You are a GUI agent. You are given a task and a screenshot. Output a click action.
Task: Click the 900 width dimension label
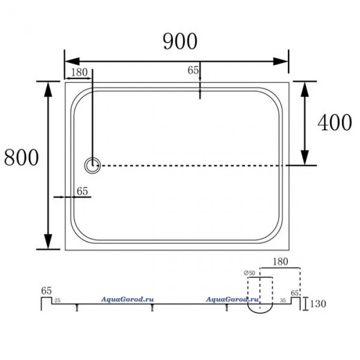(180, 41)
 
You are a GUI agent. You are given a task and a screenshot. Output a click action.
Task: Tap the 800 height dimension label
(22, 157)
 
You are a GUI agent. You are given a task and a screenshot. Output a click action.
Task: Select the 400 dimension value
(335, 122)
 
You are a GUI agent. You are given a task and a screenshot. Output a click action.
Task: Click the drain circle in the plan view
(92, 166)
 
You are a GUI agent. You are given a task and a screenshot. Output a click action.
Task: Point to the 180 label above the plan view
(79, 73)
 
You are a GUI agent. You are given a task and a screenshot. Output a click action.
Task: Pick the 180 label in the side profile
(280, 261)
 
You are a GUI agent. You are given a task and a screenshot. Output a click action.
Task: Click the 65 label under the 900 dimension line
(193, 70)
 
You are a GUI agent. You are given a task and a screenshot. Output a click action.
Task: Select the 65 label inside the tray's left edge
(82, 191)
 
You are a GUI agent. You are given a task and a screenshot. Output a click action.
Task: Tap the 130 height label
(318, 304)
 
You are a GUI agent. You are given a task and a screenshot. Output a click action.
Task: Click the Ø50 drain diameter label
(249, 273)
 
